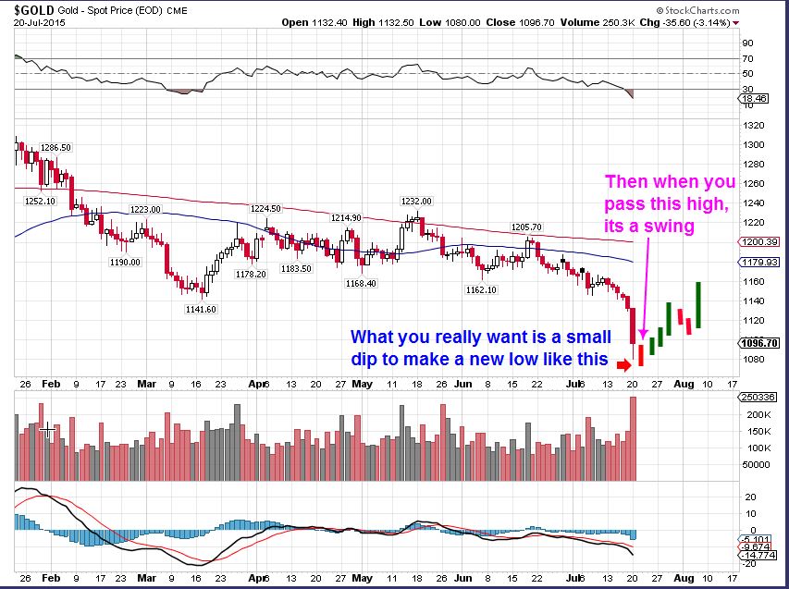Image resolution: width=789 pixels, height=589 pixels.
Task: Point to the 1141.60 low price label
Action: point(200,309)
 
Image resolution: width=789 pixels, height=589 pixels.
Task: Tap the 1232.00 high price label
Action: point(416,200)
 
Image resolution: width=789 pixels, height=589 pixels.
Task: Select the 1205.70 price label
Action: point(540,227)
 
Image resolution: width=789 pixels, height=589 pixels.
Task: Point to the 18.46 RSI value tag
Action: point(756,97)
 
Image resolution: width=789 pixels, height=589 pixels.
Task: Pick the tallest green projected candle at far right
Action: point(699,304)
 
